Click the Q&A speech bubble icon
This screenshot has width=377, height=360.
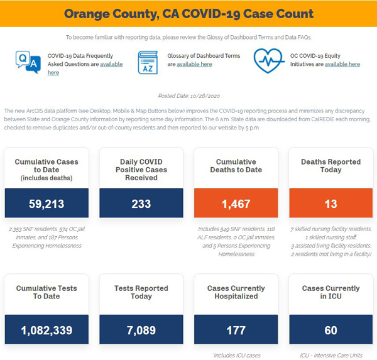coord(28,62)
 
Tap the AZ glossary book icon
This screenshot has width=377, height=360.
coord(148,63)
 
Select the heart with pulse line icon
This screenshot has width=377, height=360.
coord(268,60)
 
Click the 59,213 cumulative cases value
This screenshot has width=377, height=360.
coord(46,204)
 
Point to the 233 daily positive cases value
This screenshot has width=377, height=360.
coord(141,204)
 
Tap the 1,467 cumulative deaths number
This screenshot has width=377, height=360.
coord(236,204)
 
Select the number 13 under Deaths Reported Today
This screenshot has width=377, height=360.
coord(331,204)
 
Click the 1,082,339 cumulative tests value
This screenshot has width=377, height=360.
coord(46,330)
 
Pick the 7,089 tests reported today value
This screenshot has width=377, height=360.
coord(141,330)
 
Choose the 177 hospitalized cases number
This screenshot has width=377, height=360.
coord(236,330)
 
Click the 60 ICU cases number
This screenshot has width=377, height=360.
coord(331,330)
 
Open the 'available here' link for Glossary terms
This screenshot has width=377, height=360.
coord(194,64)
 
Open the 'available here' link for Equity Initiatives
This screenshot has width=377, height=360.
coord(342,64)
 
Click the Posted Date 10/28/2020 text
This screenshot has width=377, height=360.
coord(188,96)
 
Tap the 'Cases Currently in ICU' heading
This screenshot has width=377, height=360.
coord(331,292)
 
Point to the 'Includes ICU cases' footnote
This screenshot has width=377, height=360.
coord(237,355)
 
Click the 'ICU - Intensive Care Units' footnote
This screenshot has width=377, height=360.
coord(331,355)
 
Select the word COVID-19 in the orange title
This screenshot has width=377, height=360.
coord(211,14)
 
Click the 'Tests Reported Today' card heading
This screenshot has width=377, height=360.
coord(141,292)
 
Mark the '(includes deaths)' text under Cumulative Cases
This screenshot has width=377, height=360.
coord(46,178)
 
